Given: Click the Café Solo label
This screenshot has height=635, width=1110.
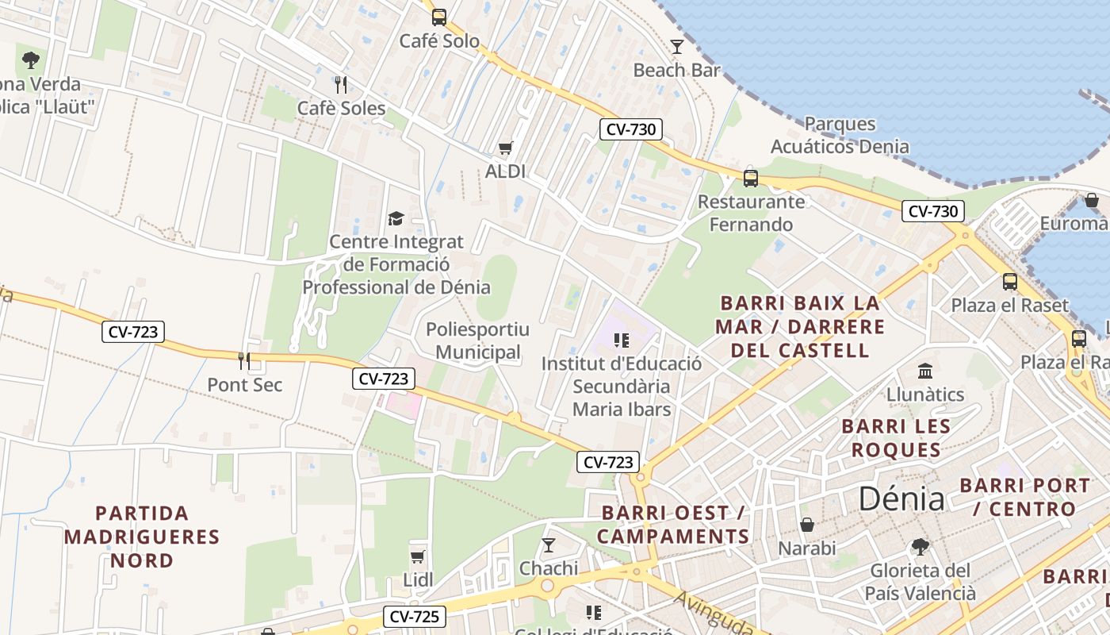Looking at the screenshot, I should [x=439, y=40].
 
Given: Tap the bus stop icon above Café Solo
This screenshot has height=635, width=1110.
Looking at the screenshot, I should [x=438, y=17].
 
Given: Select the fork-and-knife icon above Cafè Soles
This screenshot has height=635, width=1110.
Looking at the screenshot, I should [x=341, y=84].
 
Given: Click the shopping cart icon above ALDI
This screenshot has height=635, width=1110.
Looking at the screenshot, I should [x=505, y=148].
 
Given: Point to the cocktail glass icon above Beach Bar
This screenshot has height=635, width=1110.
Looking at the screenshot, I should [x=676, y=47].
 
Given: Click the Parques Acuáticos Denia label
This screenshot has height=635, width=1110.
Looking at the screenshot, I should [x=840, y=135].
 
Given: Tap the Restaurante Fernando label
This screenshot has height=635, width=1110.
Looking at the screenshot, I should [x=751, y=213].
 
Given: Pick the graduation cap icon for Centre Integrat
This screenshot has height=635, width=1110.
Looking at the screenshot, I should [x=395, y=218].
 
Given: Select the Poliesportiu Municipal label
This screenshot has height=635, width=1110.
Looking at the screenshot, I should [x=478, y=341].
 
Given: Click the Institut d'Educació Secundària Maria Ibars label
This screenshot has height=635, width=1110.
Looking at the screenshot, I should [x=622, y=387].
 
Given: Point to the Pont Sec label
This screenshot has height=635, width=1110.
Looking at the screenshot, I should [x=245, y=385].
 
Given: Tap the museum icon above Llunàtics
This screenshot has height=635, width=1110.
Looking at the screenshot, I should [x=924, y=371].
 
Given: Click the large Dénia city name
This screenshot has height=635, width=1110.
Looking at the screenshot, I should [x=901, y=499].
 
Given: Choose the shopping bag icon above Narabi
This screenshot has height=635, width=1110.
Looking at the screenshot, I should [x=806, y=525].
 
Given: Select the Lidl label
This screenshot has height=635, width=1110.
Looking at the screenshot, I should [x=418, y=580].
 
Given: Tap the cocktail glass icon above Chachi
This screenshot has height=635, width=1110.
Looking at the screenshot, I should [x=548, y=545].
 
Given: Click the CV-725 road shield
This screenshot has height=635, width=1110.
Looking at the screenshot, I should [x=415, y=616].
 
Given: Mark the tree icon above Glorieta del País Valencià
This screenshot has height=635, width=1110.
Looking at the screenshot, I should [x=920, y=547].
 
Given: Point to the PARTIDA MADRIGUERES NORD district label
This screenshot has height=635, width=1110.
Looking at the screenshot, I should [x=142, y=537].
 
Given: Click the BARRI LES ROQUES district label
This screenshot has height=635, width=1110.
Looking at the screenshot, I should [x=896, y=438].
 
